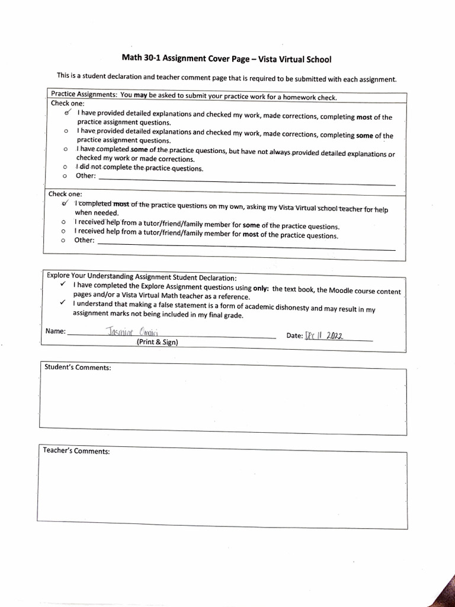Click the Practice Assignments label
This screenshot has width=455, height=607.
click(83, 95)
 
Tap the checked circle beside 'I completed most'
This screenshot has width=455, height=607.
click(66, 203)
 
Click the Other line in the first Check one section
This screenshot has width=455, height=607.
click(246, 178)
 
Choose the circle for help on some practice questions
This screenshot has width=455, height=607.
click(63, 222)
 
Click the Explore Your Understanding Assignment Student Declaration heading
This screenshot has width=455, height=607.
click(141, 277)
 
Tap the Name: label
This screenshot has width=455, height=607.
click(55, 331)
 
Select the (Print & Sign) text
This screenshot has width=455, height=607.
click(157, 342)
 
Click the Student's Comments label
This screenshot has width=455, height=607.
click(78, 368)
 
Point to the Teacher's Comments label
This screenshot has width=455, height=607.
click(76, 451)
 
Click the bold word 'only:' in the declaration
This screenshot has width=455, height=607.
click(261, 288)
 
